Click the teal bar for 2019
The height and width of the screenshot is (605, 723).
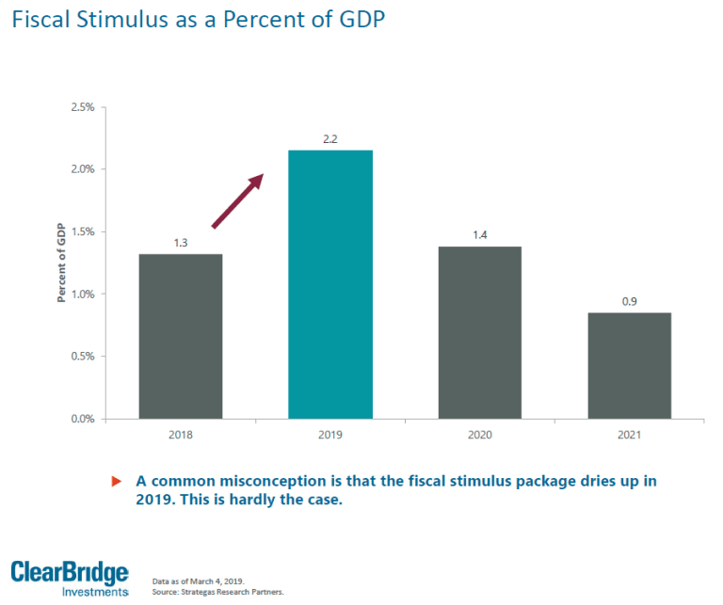330,284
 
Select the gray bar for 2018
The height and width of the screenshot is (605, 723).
181,336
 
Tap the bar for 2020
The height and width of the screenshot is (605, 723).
480,332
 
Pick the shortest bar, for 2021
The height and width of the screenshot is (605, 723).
629,365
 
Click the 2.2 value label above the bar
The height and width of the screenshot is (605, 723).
329,139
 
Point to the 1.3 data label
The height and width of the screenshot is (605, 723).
181,243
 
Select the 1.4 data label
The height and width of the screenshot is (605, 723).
480,235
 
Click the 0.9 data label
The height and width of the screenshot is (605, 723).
629,301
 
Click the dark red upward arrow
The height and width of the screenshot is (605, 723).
236,200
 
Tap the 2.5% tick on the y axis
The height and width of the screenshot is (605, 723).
83,107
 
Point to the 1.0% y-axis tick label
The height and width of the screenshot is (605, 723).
83,295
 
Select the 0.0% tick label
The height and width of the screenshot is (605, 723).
83,419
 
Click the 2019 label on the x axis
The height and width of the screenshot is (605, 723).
330,436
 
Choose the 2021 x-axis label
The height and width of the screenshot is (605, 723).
629,436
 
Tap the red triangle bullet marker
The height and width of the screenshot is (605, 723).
117,482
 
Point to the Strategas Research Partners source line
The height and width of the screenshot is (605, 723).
217,592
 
